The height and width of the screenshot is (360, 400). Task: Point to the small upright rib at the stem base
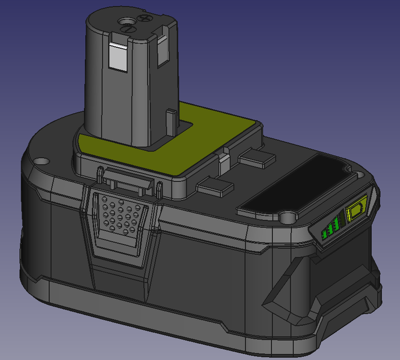pyautogui.click(x=170, y=120)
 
